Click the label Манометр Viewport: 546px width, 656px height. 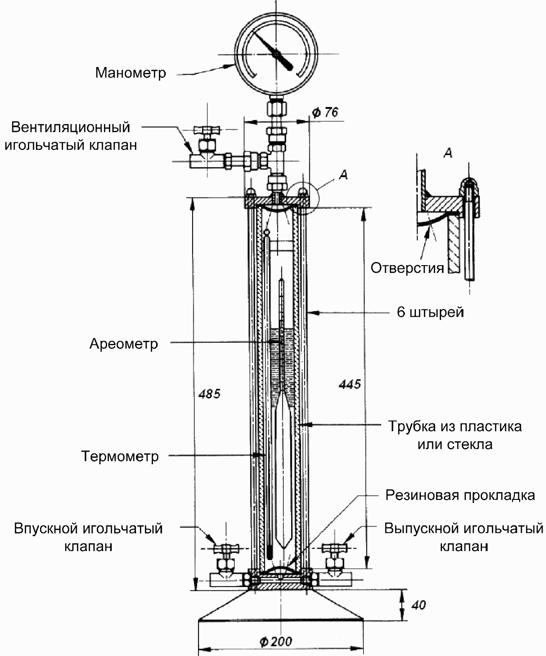(130, 73)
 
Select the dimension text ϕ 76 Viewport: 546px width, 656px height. (325, 113)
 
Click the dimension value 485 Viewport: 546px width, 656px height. (209, 394)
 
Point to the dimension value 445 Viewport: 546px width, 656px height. (350, 384)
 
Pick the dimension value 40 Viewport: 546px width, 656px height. (418, 605)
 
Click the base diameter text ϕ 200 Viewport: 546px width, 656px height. (276, 641)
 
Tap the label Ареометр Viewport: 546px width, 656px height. (124, 344)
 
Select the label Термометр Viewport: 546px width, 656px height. (120, 456)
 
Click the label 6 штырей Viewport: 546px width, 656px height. (430, 312)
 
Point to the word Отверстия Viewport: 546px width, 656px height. (407, 268)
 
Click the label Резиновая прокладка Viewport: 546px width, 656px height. (460, 495)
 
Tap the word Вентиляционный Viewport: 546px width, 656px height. (71, 127)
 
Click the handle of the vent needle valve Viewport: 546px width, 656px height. (206, 129)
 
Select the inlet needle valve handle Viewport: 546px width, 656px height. (226, 548)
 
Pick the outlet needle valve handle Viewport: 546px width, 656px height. (335, 548)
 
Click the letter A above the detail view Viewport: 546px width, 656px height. (448, 153)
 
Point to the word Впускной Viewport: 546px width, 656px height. (46, 529)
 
